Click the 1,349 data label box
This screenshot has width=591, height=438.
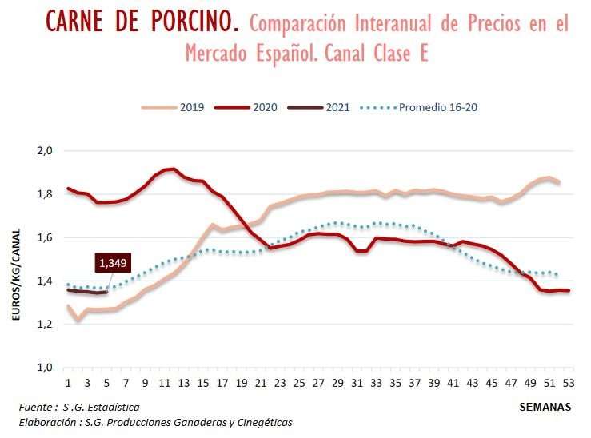(x=112, y=262)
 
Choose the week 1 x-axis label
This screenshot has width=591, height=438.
(x=68, y=381)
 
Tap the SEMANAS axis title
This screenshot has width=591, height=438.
(x=545, y=406)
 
